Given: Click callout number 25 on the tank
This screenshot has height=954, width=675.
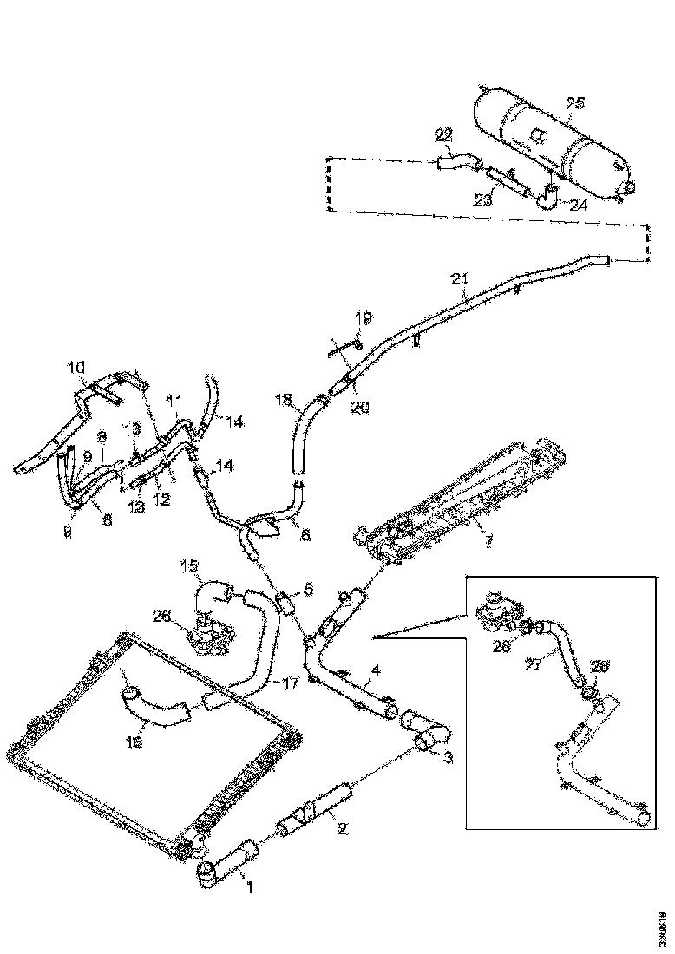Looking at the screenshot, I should click(x=575, y=103).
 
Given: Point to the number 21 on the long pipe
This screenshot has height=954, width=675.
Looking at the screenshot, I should click(x=460, y=278).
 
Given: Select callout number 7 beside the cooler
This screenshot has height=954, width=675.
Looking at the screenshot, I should click(x=488, y=542).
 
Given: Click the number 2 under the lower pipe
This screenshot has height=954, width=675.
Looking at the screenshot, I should click(x=342, y=828).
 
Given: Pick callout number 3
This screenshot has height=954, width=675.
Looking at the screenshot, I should click(x=449, y=757).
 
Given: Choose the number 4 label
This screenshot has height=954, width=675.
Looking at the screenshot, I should click(x=375, y=670).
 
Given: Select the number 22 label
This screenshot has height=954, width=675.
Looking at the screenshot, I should click(x=444, y=134).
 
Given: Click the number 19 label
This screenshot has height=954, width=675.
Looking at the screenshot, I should click(x=363, y=318).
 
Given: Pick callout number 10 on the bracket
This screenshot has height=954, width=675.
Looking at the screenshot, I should click(x=77, y=367).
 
